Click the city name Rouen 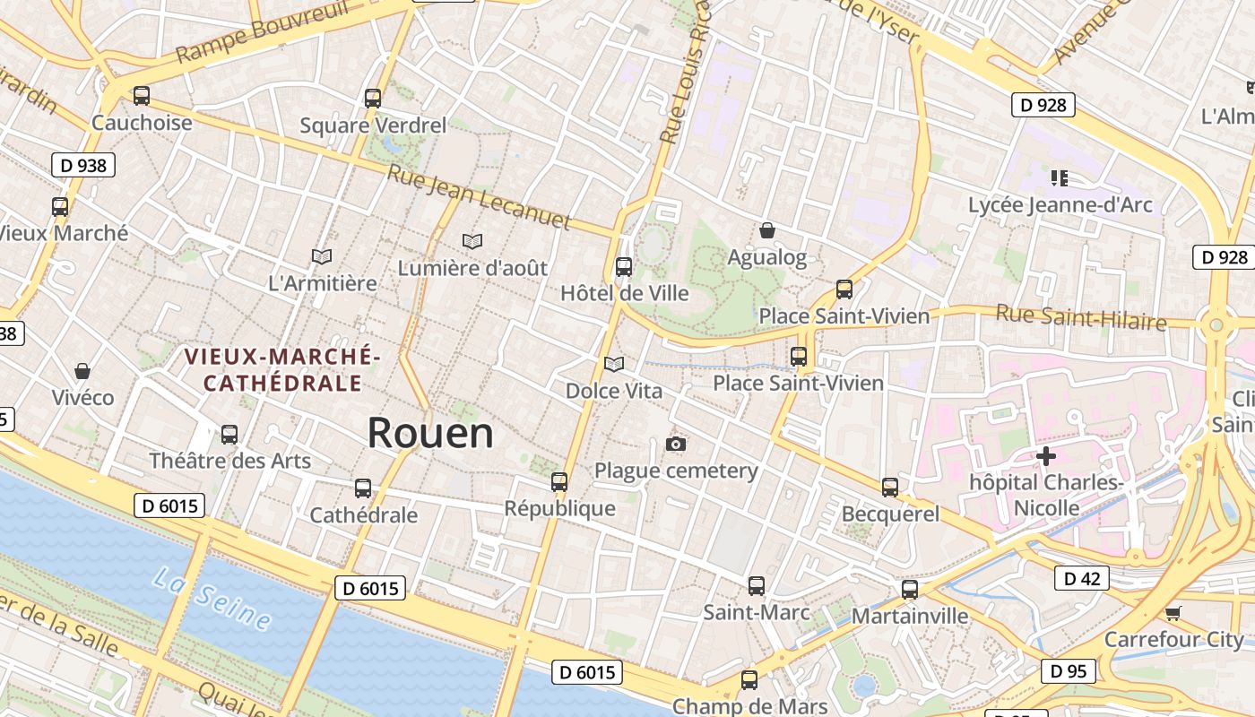click(430, 434)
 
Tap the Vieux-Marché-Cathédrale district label click(282, 370)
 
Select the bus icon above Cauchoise click(142, 96)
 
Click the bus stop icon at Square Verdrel click(373, 99)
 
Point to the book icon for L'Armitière click(322, 257)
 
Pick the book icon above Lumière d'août click(472, 242)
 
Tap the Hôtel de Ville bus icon click(624, 267)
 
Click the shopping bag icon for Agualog click(766, 231)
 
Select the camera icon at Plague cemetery click(677, 445)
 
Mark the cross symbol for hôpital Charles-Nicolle click(1045, 456)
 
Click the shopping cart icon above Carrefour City click(1173, 613)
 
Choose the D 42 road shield click(1081, 579)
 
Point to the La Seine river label click(212, 598)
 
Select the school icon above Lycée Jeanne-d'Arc click(1060, 178)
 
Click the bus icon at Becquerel click(890, 488)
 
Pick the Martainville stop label click(909, 617)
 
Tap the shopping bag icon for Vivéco click(82, 371)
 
